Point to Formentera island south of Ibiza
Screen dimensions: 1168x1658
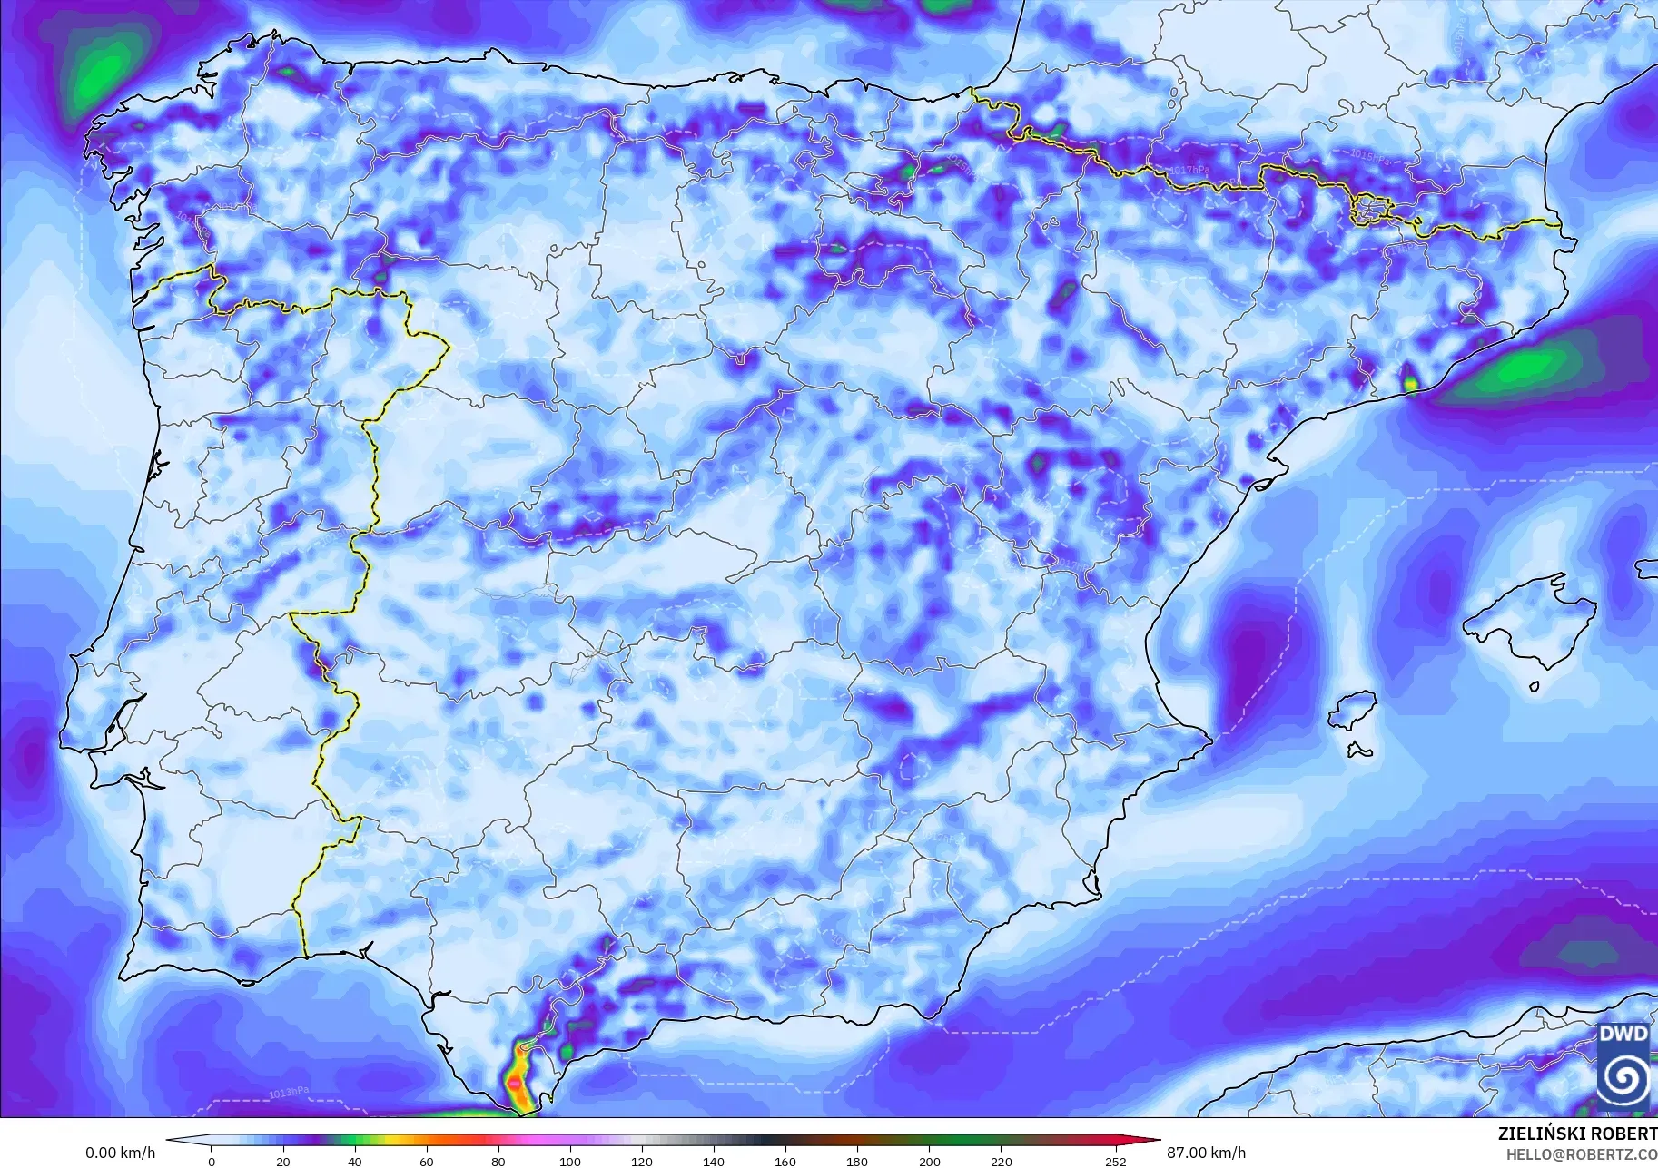[1359, 751]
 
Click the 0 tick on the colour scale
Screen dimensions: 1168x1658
[212, 1161]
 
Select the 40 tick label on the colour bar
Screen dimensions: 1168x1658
[355, 1161]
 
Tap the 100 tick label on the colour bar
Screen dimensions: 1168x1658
[569, 1161]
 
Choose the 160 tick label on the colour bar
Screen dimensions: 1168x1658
[785, 1161]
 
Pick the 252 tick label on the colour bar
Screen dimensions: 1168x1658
[1115, 1161]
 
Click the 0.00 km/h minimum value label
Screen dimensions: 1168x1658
[121, 1153]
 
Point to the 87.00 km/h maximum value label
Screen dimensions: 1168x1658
[1206, 1153]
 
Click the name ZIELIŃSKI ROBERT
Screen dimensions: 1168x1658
[1577, 1134]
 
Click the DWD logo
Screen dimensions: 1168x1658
[1623, 1065]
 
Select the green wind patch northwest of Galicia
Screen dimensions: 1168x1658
[102, 73]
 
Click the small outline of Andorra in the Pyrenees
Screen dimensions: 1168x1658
[1371, 210]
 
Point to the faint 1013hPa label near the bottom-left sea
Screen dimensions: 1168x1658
[289, 1092]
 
